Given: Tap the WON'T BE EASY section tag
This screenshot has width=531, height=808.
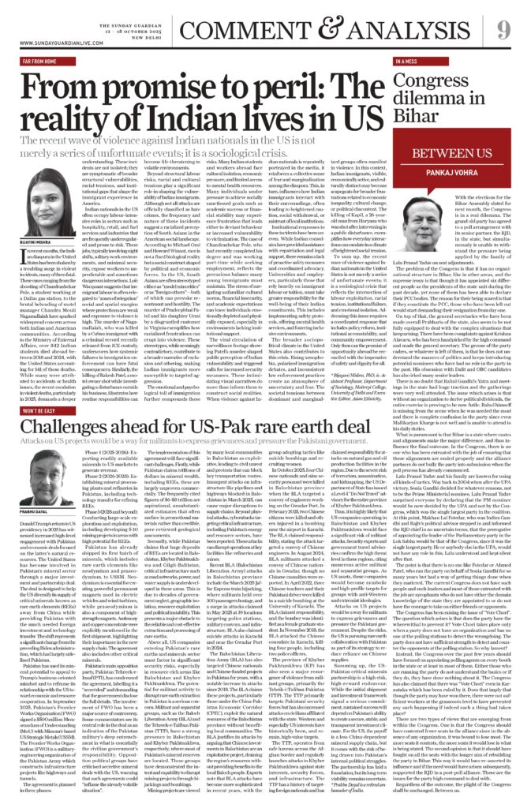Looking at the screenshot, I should pyautogui.click(x=39, y=410).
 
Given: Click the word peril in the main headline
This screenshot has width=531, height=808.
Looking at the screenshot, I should pyautogui.click(x=178, y=83).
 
